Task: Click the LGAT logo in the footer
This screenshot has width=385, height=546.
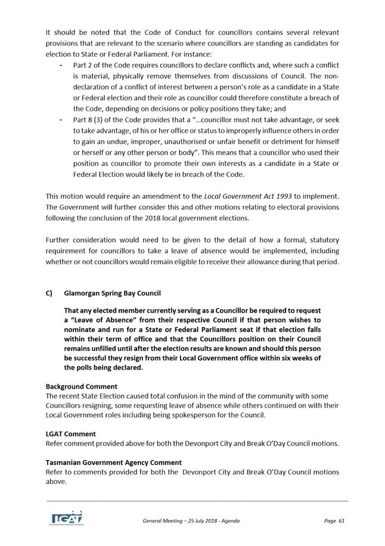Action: point(66,517)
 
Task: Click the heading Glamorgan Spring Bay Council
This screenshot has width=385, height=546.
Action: point(112,293)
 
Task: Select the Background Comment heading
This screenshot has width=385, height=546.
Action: point(82,387)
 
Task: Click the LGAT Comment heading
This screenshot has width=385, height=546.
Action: point(71,434)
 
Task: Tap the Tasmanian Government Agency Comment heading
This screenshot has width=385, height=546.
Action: point(114,462)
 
